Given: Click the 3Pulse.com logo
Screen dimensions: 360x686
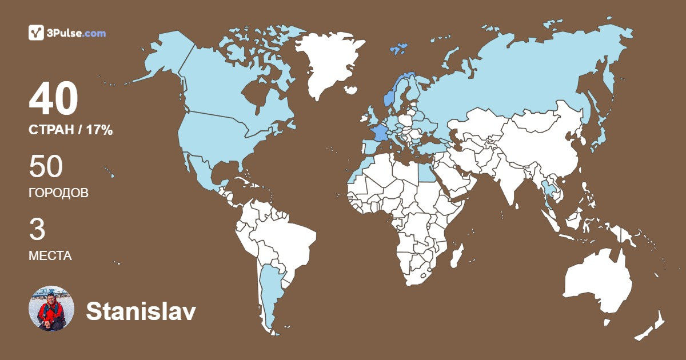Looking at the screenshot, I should click(67, 33).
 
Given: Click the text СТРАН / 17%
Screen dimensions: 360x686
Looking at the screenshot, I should click(70, 130).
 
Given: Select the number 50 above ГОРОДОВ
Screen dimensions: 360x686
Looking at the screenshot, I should click(46, 167).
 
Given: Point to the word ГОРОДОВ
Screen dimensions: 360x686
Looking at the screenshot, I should click(58, 193).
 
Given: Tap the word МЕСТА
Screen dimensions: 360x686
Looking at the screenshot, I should click(50, 256).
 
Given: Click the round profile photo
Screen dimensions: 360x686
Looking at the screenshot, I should click(51, 309).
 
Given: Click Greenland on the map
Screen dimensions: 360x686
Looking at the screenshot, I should click(326, 63).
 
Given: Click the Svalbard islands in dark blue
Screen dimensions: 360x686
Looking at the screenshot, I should click(398, 48).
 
